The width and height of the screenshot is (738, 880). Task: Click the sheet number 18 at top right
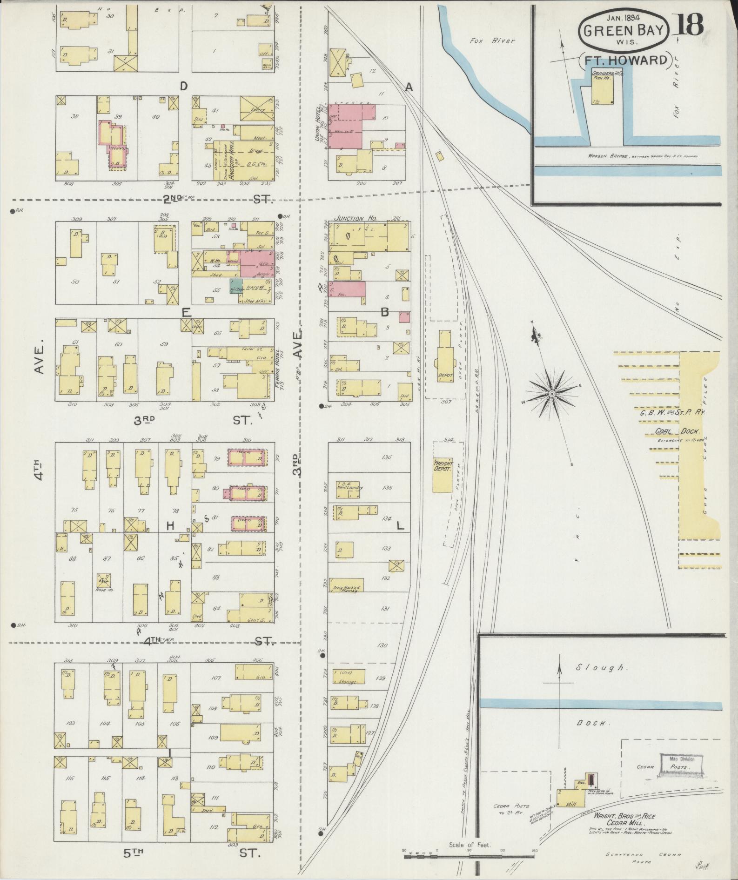point(687,25)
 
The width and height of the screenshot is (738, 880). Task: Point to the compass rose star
point(552,394)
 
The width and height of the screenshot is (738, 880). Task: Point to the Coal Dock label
point(671,431)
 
